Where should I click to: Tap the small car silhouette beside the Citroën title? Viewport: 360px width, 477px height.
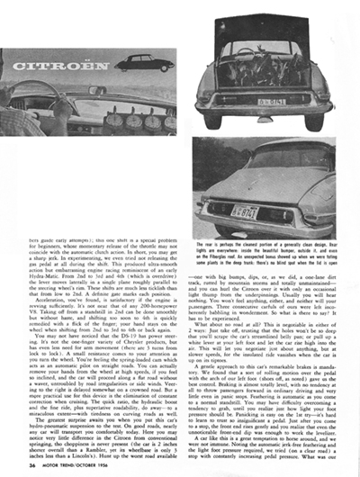point(143,62)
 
